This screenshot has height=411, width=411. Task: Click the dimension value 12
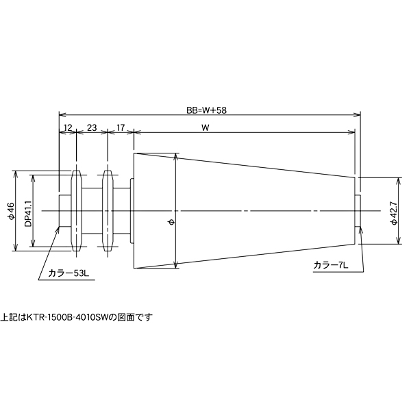(67, 127)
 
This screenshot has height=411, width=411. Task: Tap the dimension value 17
(121, 127)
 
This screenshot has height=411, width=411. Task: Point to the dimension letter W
(206, 127)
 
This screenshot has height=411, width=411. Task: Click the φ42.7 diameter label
(393, 211)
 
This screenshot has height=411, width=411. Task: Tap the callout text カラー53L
(69, 273)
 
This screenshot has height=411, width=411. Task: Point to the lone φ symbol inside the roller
(171, 221)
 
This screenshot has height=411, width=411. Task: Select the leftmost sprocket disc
(76, 210)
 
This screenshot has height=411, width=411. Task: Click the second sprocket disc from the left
(107, 210)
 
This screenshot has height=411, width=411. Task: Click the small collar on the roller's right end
(358, 210)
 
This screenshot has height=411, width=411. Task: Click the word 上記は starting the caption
(12, 317)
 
